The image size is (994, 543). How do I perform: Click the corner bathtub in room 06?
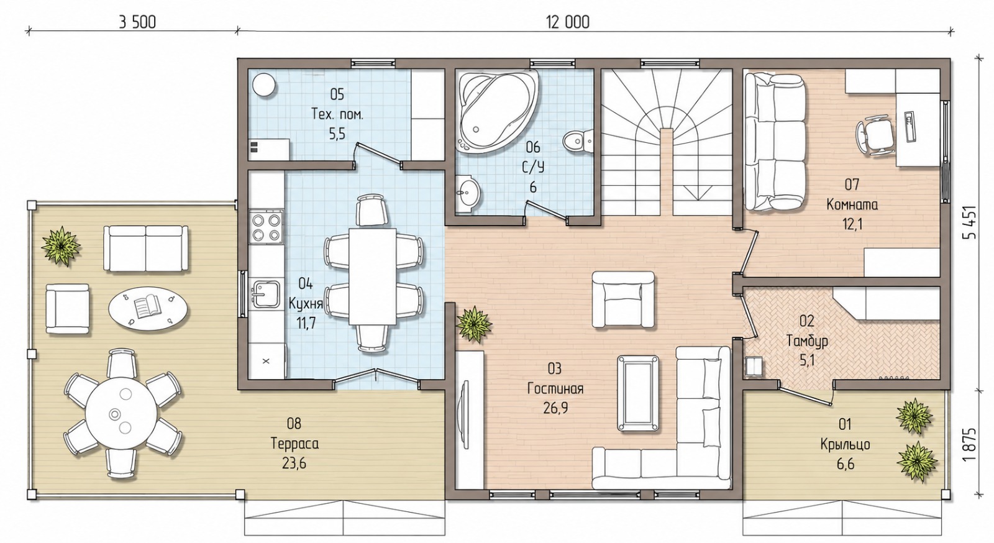(497, 111)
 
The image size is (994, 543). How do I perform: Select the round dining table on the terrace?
(122, 414)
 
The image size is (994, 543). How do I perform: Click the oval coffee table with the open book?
(148, 307)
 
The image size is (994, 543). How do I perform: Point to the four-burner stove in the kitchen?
(267, 227)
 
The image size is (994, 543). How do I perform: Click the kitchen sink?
(265, 294)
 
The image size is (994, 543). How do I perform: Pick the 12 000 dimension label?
(568, 22)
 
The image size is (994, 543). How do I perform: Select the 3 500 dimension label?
(137, 22)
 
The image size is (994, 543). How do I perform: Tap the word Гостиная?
(555, 389)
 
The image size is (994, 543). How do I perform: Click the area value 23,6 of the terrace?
(294, 463)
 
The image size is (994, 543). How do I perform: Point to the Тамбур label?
(807, 341)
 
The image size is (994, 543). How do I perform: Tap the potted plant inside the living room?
(474, 324)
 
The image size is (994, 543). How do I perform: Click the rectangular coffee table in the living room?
(638, 393)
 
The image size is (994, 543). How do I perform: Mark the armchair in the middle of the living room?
(624, 300)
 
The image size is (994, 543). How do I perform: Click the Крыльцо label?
(845, 444)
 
